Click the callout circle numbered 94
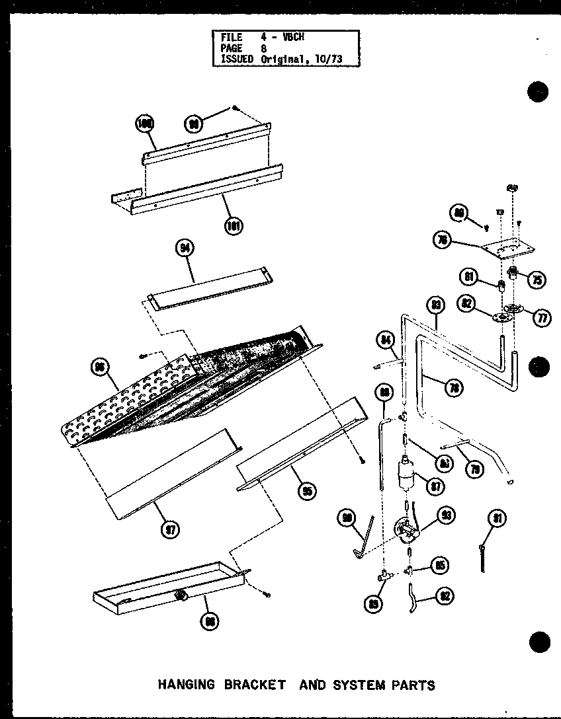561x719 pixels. point(184,248)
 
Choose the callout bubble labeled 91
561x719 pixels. point(498,519)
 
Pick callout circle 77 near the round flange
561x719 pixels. point(542,318)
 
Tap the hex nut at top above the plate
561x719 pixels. point(511,188)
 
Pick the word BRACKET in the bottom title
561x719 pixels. point(253,684)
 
